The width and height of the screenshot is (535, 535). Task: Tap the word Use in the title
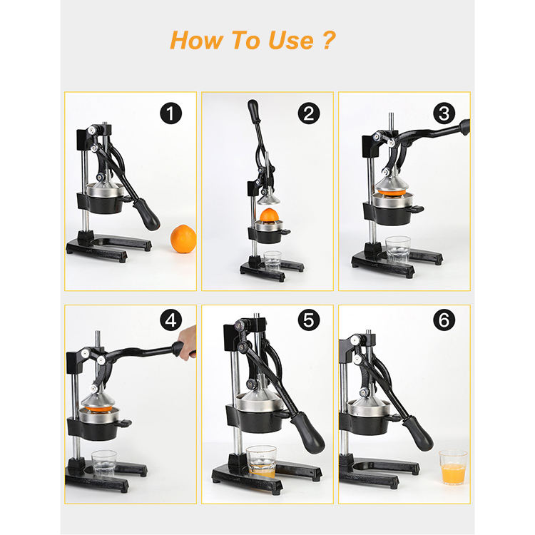pyautogui.click(x=291, y=40)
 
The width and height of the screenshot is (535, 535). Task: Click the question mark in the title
pyautogui.click(x=329, y=40)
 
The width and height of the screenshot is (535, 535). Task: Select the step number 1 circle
pyautogui.click(x=170, y=113)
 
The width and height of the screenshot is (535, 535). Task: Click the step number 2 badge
pyautogui.click(x=308, y=113)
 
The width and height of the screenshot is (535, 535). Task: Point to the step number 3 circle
pyautogui.click(x=444, y=113)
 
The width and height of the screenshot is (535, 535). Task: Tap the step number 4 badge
pyautogui.click(x=170, y=320)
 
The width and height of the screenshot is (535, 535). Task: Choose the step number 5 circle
pyautogui.click(x=308, y=320)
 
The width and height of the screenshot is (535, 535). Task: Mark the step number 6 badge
pyautogui.click(x=444, y=320)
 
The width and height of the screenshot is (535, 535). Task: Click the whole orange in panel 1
pyautogui.click(x=183, y=239)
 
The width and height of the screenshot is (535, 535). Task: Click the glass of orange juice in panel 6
pyautogui.click(x=453, y=467)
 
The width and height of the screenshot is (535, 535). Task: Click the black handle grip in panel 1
pyautogui.click(x=146, y=214)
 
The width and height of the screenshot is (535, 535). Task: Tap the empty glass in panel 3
pyautogui.click(x=398, y=250)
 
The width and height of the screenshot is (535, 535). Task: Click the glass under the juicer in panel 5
pyautogui.click(x=261, y=462)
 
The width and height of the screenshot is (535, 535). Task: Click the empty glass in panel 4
pyautogui.click(x=104, y=464)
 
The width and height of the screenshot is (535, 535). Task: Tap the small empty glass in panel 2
pyautogui.click(x=272, y=260)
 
